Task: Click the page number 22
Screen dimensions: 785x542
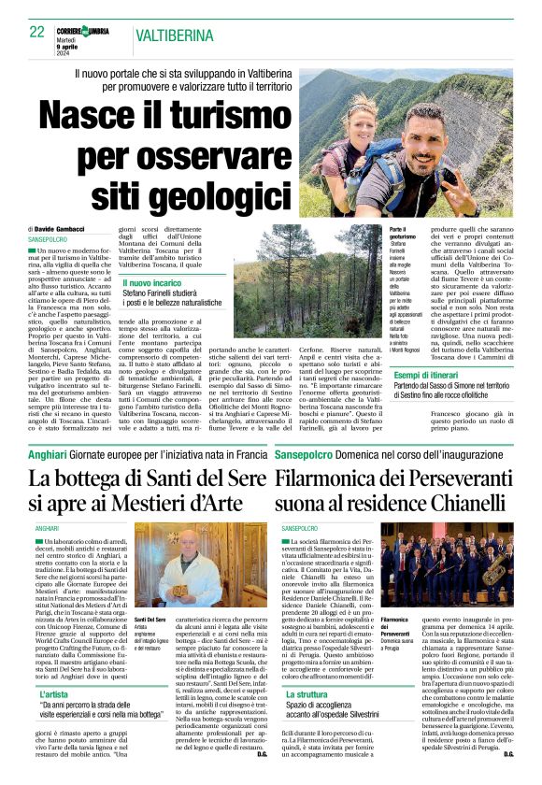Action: tap(37, 31)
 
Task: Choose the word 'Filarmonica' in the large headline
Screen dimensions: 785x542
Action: tap(332, 478)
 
